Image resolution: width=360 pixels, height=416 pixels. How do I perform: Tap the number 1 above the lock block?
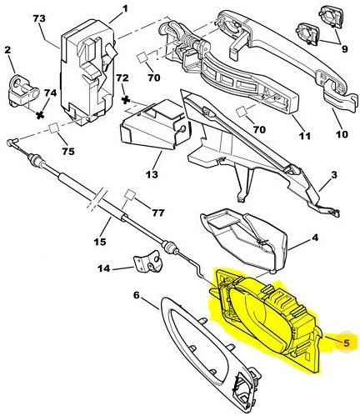[124, 9]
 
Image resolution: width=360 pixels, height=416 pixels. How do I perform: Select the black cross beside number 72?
[127, 99]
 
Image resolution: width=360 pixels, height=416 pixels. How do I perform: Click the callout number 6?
[137, 294]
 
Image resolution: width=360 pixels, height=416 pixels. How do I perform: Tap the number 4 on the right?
[315, 238]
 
